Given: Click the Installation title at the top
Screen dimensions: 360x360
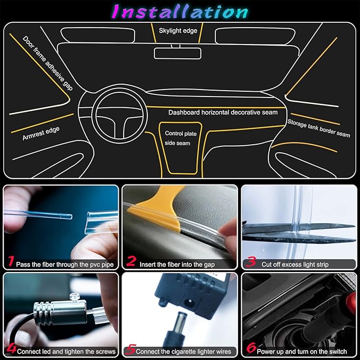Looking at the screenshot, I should (x=180, y=11).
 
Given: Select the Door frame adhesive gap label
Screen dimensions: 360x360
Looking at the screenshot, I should (x=48, y=63).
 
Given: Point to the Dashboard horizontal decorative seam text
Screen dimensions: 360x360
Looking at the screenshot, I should (x=223, y=112).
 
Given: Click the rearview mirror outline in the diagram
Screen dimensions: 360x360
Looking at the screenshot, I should (x=177, y=53).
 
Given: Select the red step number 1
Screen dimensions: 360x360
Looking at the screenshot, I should (x=10, y=261).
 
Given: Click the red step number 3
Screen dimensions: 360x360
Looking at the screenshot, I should (x=251, y=262).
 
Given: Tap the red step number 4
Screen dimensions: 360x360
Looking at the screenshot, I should (x=10, y=349).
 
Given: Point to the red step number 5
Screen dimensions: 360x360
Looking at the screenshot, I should (x=130, y=349).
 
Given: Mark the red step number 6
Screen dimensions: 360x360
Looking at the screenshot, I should (x=250, y=349).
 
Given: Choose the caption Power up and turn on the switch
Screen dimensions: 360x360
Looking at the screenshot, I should (x=302, y=352).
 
